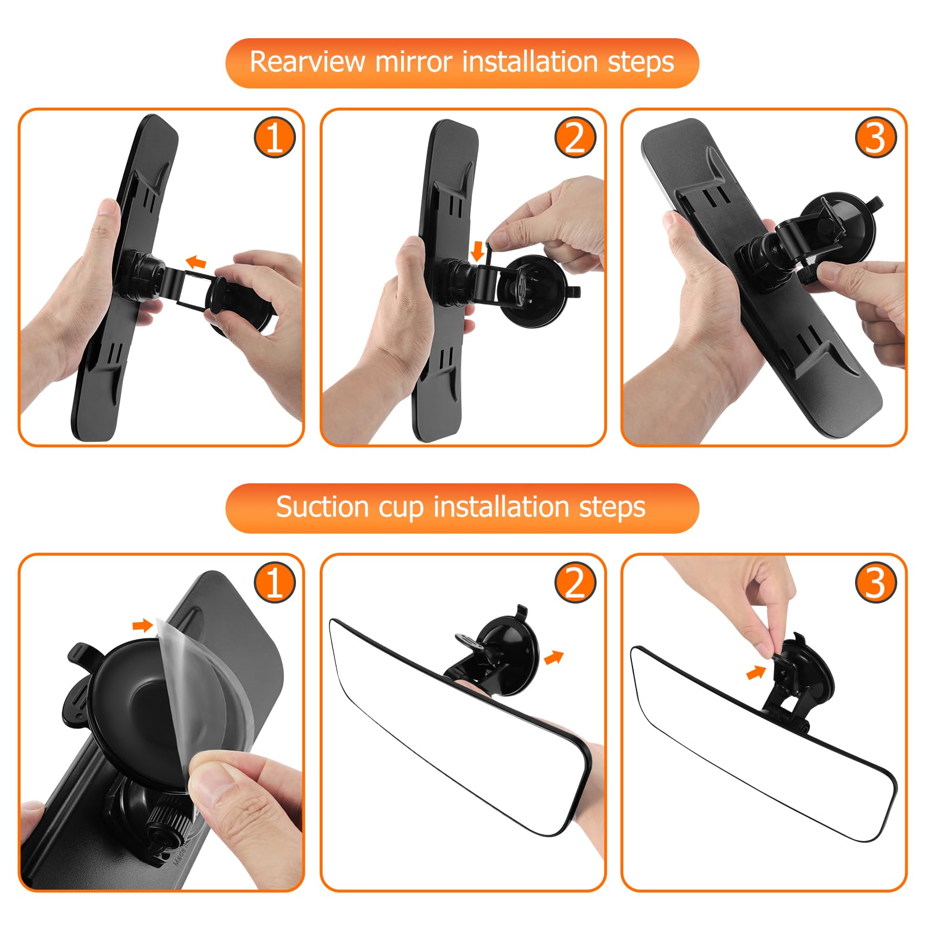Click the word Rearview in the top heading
click(x=308, y=62)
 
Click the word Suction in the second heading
click(x=323, y=507)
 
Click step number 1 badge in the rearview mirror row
click(x=275, y=138)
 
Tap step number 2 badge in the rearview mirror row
click(x=575, y=138)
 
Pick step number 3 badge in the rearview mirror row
click(x=876, y=138)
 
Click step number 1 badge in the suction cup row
click(x=275, y=582)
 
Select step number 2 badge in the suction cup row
click(x=575, y=582)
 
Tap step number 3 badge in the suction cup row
click(x=876, y=582)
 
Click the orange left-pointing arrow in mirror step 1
click(x=195, y=262)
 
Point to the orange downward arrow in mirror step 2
click(x=478, y=251)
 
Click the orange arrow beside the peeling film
click(x=142, y=625)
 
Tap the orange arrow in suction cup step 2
click(x=554, y=657)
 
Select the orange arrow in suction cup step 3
click(x=756, y=672)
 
